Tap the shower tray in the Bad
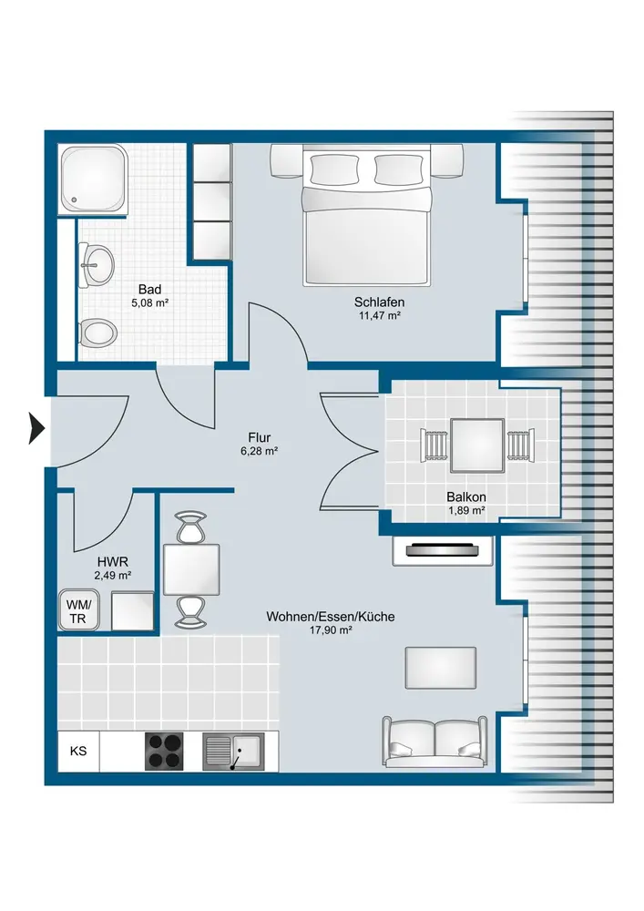click(x=94, y=179)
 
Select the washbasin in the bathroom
click(x=97, y=265)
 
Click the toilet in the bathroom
click(x=97, y=333)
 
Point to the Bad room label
click(x=149, y=290)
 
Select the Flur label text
click(x=259, y=437)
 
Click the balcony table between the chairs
click(x=477, y=445)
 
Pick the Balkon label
click(x=466, y=496)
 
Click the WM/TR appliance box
click(x=78, y=610)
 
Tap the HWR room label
click(x=113, y=562)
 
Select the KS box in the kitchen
click(x=78, y=752)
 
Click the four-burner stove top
click(x=164, y=752)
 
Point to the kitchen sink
click(x=233, y=752)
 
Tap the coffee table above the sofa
click(x=441, y=668)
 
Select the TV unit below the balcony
click(x=443, y=550)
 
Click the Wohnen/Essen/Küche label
click(x=331, y=617)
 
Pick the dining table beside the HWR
click(x=191, y=570)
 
